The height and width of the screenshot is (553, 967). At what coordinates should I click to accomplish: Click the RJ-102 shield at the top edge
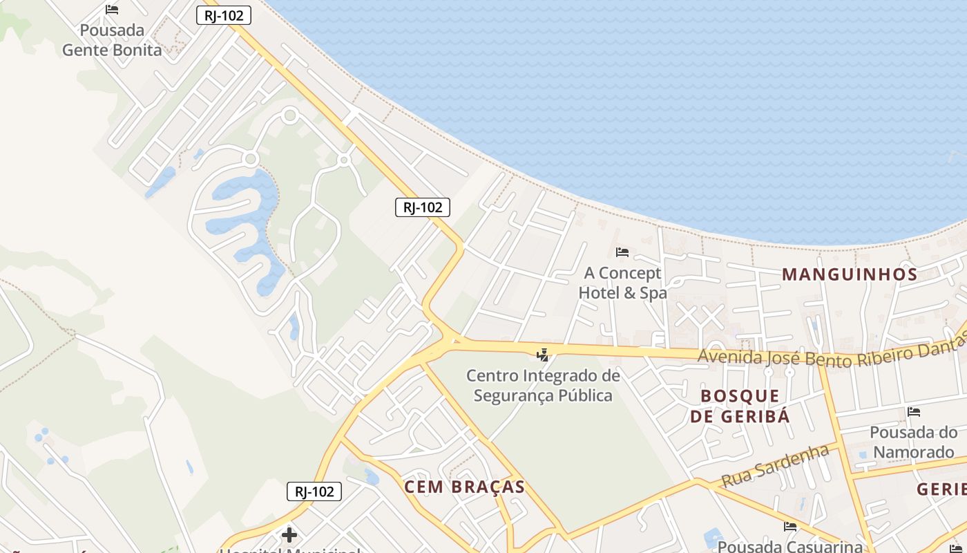223,15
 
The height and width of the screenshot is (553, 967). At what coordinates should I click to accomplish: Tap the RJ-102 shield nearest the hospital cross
314,491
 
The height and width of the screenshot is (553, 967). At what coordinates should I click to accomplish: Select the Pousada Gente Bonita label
112,40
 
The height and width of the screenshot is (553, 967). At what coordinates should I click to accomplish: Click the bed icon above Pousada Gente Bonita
112,10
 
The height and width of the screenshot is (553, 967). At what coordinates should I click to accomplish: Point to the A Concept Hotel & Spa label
622,283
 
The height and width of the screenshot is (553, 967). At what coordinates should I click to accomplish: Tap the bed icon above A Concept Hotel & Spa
622,252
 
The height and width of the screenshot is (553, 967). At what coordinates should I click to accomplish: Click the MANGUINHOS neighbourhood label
850,274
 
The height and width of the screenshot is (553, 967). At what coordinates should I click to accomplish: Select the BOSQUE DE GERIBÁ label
740,406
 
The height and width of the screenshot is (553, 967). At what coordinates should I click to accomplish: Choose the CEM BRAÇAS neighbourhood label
464,487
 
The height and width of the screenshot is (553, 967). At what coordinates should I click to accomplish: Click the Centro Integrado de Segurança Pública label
543,386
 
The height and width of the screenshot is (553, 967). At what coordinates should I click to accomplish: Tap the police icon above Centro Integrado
543,355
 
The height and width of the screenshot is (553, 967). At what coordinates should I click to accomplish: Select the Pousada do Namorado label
913,442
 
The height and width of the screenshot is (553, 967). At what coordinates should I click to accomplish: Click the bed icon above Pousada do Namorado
914,412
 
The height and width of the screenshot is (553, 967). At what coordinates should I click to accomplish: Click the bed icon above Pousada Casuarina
790,527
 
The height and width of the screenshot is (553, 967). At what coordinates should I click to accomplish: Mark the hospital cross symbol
289,535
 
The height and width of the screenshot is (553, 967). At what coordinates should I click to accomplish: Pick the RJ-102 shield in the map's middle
423,207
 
